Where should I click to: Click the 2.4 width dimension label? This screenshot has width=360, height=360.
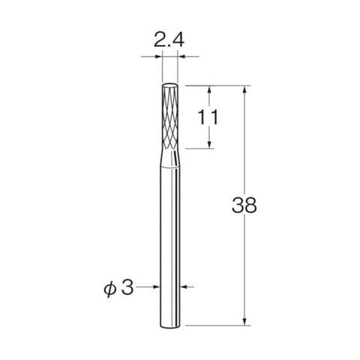(169, 40)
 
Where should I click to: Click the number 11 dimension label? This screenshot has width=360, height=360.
(208, 117)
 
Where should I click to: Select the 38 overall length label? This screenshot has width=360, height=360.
(244, 205)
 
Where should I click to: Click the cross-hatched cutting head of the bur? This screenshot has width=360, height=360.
(170, 117)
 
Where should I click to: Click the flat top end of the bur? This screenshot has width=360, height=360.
(170, 84)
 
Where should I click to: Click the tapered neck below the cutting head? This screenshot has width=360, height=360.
(170, 158)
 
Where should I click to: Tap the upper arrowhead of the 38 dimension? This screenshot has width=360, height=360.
(244, 90)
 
